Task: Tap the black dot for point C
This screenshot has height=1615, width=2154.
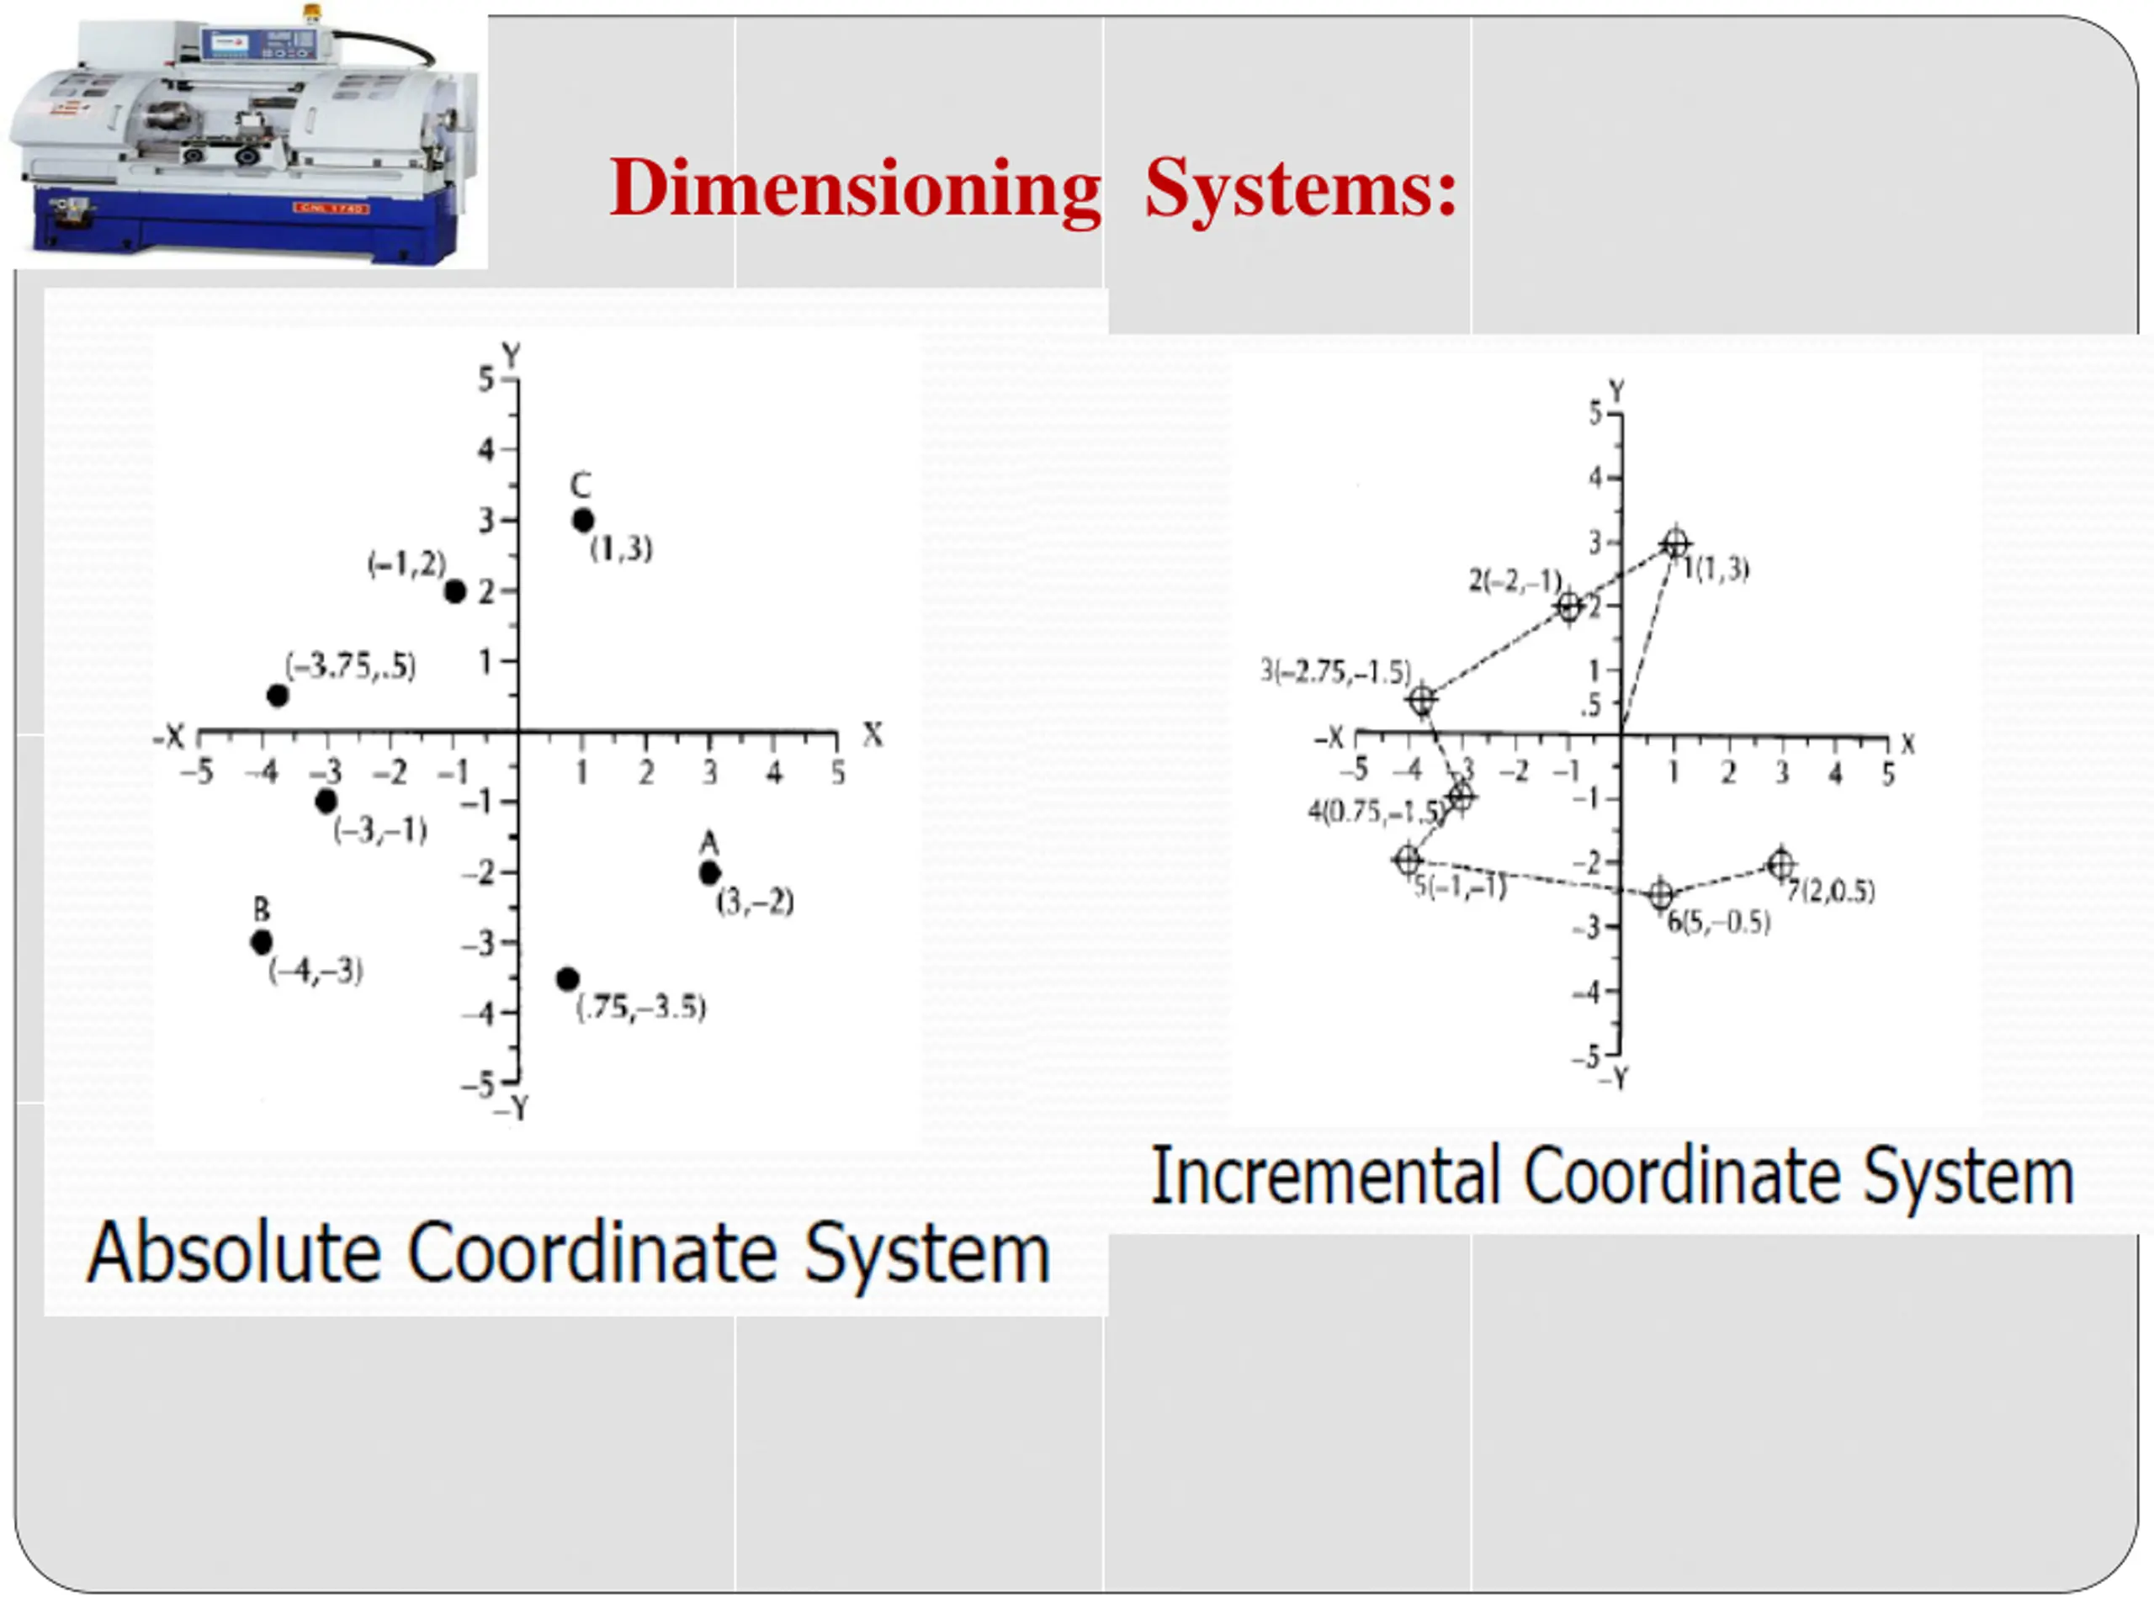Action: pos(582,521)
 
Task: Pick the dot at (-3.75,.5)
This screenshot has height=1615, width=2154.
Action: pos(278,696)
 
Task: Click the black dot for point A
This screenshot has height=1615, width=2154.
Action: pos(710,873)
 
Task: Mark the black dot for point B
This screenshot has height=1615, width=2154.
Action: pos(261,942)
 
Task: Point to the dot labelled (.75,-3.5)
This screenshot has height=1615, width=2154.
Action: pos(568,979)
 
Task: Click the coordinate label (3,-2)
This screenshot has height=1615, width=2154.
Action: pos(755,903)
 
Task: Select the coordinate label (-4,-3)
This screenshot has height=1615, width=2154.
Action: pos(316,971)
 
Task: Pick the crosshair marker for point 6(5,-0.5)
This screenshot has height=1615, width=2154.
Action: pos(1661,895)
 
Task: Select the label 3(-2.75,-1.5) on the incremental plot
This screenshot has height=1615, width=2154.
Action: pos(1335,672)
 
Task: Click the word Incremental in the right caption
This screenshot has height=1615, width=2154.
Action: pos(1325,1177)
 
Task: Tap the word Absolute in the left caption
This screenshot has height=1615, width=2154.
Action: pos(233,1254)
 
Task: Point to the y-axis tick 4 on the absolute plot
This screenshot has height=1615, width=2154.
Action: pos(486,450)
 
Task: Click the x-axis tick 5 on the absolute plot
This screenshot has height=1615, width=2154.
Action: pos(837,773)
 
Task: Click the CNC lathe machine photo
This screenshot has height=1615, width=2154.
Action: pos(243,136)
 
